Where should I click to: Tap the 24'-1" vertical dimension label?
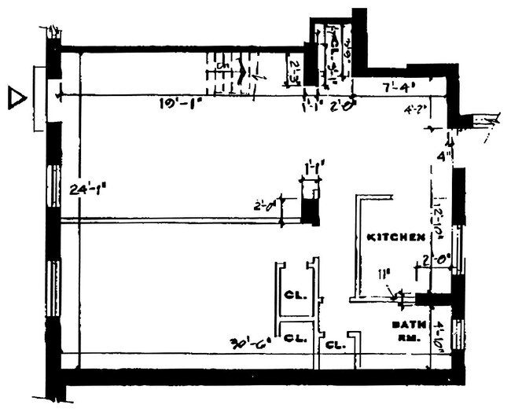88,189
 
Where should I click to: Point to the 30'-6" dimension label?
248,343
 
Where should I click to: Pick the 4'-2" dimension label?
414,109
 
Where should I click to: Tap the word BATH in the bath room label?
405,325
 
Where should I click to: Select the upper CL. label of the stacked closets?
294,296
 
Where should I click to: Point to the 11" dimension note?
384,274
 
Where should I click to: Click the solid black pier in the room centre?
311,211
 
